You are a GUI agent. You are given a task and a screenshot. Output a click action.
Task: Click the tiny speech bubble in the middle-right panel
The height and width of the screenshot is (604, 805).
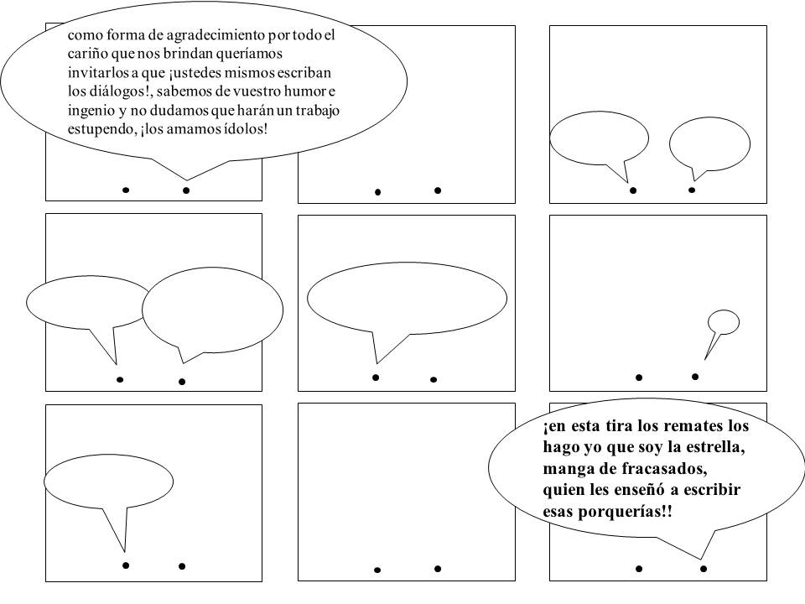tap(723, 321)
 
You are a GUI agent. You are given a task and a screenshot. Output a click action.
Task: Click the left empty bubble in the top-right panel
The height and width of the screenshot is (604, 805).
tap(599, 138)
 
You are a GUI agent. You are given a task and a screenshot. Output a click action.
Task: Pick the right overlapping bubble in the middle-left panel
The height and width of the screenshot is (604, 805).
tap(212, 309)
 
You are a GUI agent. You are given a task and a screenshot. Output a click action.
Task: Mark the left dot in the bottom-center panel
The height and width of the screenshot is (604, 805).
tap(377, 570)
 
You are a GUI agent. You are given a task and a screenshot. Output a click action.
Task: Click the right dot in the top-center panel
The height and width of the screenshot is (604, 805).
tap(438, 190)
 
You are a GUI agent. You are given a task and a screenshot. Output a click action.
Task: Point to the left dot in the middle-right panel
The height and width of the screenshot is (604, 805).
tap(639, 378)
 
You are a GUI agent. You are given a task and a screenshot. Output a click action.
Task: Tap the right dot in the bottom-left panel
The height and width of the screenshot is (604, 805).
tap(182, 566)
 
